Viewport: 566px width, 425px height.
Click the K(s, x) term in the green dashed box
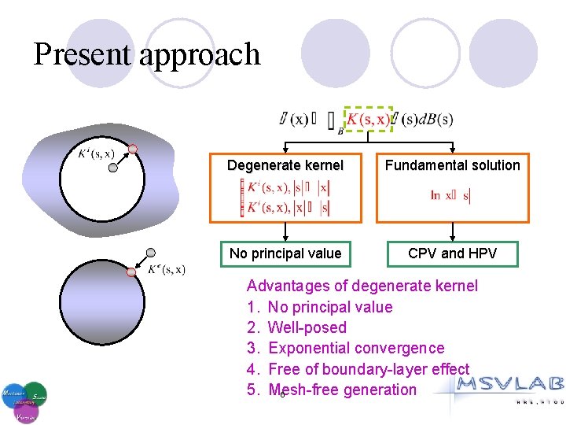point(368,119)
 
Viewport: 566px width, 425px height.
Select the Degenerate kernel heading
point(285,165)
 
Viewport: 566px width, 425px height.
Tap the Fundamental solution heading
point(452,165)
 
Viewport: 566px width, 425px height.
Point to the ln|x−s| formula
point(450,195)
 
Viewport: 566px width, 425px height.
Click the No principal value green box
point(285,253)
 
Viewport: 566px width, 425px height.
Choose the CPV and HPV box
point(452,253)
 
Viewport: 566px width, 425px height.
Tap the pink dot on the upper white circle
point(133,149)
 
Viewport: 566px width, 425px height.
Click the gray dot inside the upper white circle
point(114,167)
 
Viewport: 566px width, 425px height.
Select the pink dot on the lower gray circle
point(132,272)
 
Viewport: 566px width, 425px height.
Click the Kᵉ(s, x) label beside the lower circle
point(167,270)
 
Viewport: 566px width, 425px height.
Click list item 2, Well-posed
point(307,327)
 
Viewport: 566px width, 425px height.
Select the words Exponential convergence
point(355,348)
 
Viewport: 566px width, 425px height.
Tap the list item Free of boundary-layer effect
point(368,369)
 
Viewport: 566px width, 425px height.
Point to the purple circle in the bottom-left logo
point(24,411)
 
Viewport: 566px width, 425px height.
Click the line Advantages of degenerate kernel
point(362,286)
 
